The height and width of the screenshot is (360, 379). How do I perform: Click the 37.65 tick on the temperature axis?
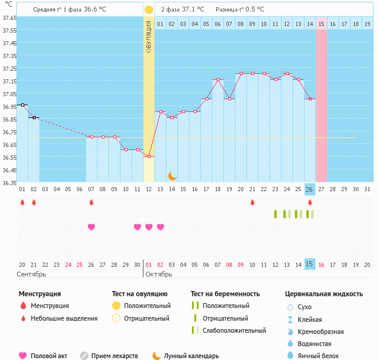[x=8, y=18]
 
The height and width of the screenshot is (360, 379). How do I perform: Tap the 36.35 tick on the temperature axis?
[x=8, y=183]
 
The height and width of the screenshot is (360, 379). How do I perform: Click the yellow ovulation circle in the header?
[x=149, y=10]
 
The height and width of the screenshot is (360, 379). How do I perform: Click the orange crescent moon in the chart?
[x=173, y=176]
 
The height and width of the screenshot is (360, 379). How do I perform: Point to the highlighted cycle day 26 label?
[x=309, y=189]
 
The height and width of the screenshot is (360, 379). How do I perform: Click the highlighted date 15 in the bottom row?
[x=309, y=264]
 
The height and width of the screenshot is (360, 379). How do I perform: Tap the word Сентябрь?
[x=31, y=274]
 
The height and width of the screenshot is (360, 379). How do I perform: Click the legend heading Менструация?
[x=39, y=294]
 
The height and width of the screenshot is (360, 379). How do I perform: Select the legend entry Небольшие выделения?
[x=64, y=318]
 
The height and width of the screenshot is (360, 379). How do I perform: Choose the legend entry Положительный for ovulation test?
[x=147, y=306]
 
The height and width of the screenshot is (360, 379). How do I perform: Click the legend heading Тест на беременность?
[x=225, y=294]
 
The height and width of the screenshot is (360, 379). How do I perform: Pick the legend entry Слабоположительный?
[x=234, y=330]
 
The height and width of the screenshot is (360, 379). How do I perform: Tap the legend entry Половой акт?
[x=50, y=356]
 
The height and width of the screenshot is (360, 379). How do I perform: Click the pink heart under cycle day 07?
[x=91, y=227]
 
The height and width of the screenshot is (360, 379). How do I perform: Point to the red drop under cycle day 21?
[x=252, y=202]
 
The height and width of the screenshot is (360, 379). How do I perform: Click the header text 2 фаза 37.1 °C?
[x=182, y=10]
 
